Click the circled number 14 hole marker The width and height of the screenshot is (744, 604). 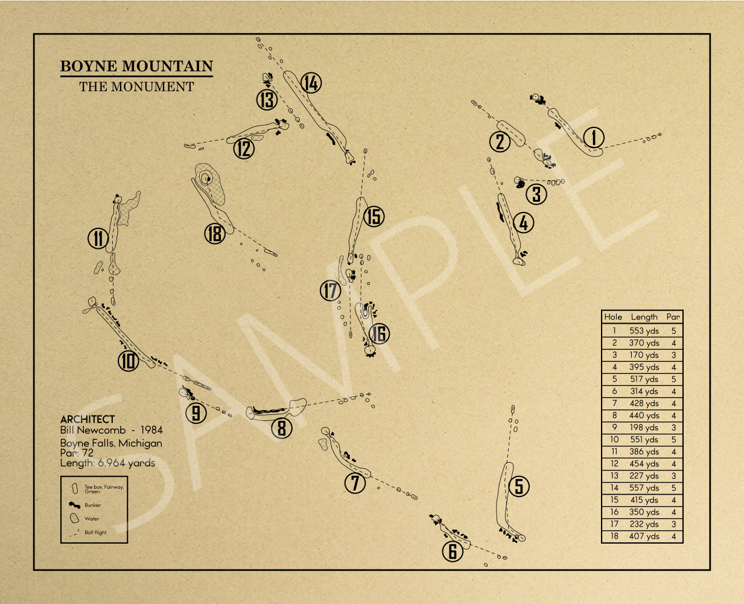click(x=311, y=83)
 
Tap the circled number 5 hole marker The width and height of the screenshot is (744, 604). click(x=519, y=486)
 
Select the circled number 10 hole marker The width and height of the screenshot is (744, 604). click(x=128, y=361)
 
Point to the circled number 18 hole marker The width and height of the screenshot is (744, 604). click(x=214, y=234)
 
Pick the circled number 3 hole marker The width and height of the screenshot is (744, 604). click(x=536, y=194)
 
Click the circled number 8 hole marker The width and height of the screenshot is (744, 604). click(x=282, y=428)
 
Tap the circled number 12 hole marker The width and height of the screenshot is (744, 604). click(x=243, y=148)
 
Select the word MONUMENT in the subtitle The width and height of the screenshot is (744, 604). click(x=152, y=87)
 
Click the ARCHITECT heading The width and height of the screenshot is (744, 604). click(x=87, y=419)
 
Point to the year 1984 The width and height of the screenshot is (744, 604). click(x=151, y=430)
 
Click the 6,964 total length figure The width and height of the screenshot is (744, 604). click(x=111, y=463)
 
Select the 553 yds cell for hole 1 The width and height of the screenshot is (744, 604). click(x=644, y=330)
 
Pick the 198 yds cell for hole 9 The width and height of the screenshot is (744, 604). click(x=644, y=427)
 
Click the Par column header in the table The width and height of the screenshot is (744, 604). click(x=673, y=316)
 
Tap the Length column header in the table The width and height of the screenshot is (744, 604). click(x=644, y=317)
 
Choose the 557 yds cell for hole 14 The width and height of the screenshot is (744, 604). click(x=644, y=487)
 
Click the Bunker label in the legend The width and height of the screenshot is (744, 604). click(x=92, y=505)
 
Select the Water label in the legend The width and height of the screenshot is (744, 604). click(x=92, y=519)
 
